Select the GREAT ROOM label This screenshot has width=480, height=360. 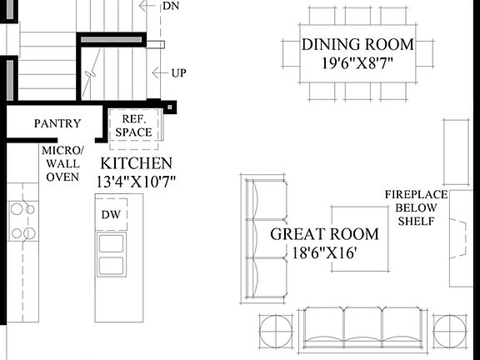[x=324, y=234]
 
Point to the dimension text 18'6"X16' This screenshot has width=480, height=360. [x=324, y=253]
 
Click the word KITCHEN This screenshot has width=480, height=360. [x=137, y=163]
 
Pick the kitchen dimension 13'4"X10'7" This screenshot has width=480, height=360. [x=137, y=181]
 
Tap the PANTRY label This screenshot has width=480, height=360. [x=57, y=124]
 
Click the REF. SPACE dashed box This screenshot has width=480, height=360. [x=133, y=127]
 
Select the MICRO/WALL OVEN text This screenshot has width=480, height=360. [x=62, y=163]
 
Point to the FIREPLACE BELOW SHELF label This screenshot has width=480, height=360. [x=416, y=207]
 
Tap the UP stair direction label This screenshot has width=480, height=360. [x=178, y=72]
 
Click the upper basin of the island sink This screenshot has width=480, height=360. [x=111, y=243]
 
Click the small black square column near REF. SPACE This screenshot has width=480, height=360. [x=170, y=107]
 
